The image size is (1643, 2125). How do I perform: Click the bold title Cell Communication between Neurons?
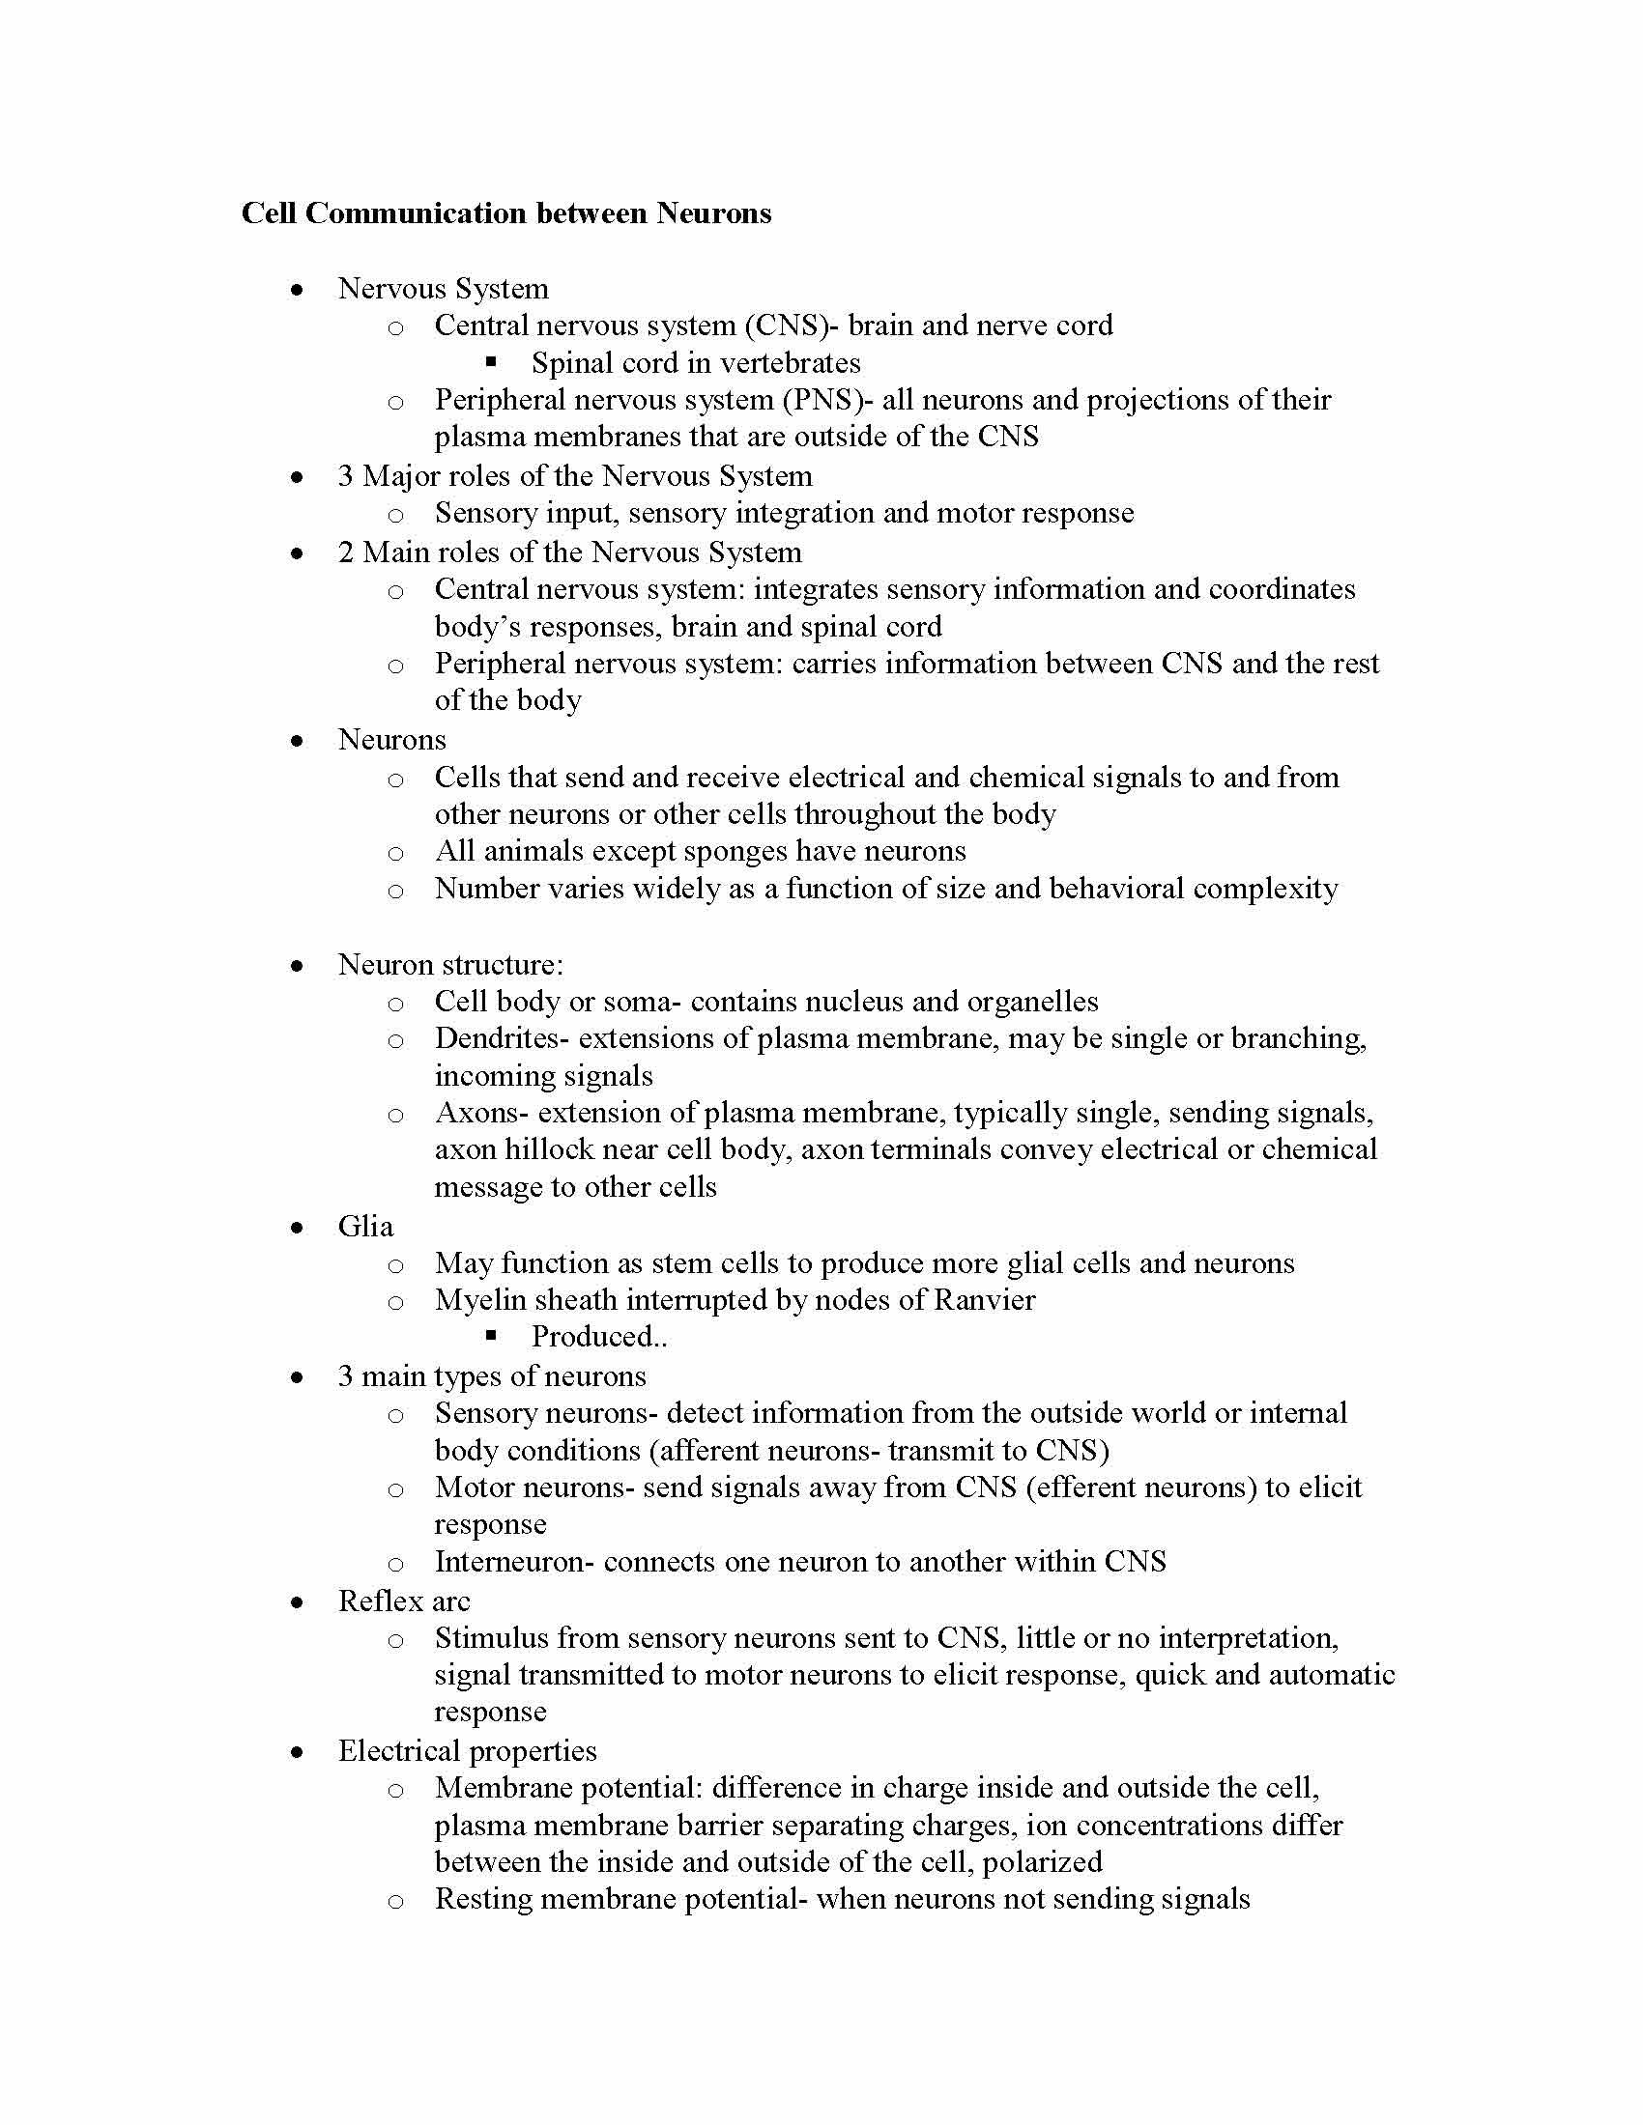(505, 213)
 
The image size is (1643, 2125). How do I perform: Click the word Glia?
(365, 1226)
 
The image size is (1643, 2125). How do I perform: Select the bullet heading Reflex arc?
(403, 1601)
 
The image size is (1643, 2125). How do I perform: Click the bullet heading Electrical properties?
(467, 1750)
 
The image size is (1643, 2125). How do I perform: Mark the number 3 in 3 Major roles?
(346, 476)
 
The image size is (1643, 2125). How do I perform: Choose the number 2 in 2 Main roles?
(346, 552)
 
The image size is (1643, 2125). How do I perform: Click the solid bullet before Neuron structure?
(297, 966)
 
